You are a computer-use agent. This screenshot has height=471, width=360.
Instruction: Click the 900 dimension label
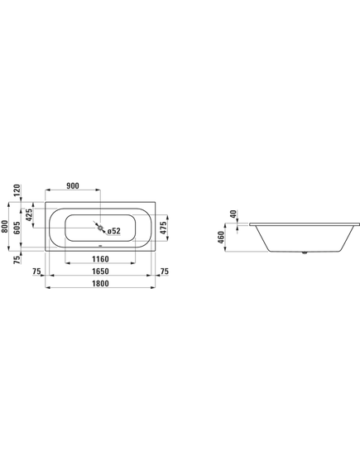coord(72,186)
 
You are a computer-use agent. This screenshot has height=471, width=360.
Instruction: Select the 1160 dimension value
coord(100,258)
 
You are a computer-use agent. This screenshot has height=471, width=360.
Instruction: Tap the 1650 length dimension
coord(100,272)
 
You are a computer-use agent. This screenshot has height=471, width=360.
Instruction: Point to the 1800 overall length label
coord(100,284)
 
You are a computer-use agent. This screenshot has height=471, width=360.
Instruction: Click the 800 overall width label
coord(4,226)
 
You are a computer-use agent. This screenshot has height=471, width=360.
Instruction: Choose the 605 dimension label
coord(17,228)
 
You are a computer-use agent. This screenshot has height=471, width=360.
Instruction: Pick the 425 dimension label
coord(29,215)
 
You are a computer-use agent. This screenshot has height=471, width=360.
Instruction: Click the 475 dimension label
coord(163,228)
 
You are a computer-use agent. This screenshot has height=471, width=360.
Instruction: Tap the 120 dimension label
coord(17,190)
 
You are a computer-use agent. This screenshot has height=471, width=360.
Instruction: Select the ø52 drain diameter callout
coord(114,231)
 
